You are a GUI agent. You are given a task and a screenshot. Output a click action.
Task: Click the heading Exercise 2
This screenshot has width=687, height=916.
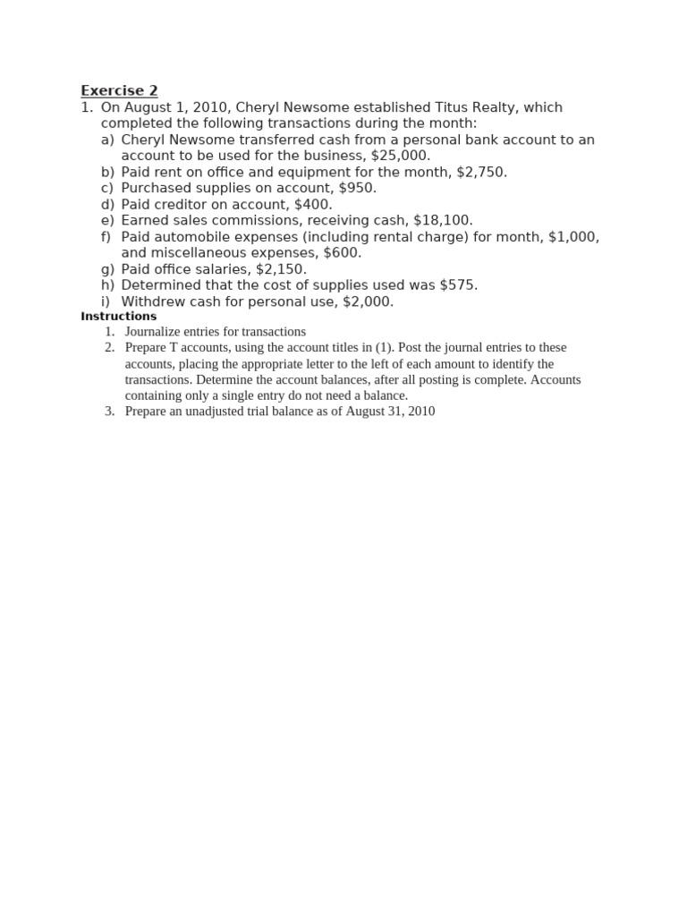[119, 90]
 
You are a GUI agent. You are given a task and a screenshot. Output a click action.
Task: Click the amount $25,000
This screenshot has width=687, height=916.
[400, 156]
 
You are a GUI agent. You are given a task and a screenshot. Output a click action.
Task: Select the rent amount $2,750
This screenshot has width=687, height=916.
[480, 172]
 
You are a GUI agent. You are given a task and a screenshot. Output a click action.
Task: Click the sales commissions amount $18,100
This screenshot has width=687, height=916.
[443, 220]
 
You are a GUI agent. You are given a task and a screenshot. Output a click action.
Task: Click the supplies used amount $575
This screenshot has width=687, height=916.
[458, 284]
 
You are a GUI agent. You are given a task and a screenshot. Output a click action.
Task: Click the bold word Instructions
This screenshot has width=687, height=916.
[118, 317]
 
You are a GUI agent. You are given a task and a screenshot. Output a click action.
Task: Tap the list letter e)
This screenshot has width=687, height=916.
[107, 220]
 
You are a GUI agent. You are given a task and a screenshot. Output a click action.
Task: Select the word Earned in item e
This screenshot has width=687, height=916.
[143, 220]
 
